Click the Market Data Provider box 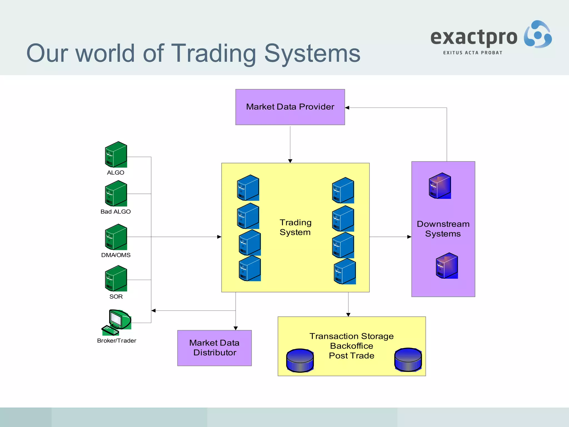point(290,107)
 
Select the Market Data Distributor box point(214,348)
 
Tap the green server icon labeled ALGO point(116,155)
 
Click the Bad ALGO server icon point(116,193)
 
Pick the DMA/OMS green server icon point(116,237)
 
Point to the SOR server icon point(116,278)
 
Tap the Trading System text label point(295,227)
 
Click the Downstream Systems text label point(443,229)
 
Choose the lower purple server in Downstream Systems point(447,266)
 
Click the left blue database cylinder point(300,361)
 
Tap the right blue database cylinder point(408,360)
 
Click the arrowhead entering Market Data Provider point(347,108)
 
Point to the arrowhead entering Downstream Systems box point(409,237)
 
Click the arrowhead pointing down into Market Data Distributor point(236,328)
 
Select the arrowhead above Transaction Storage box point(348,315)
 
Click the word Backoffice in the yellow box point(351,346)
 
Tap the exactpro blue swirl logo point(538,34)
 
